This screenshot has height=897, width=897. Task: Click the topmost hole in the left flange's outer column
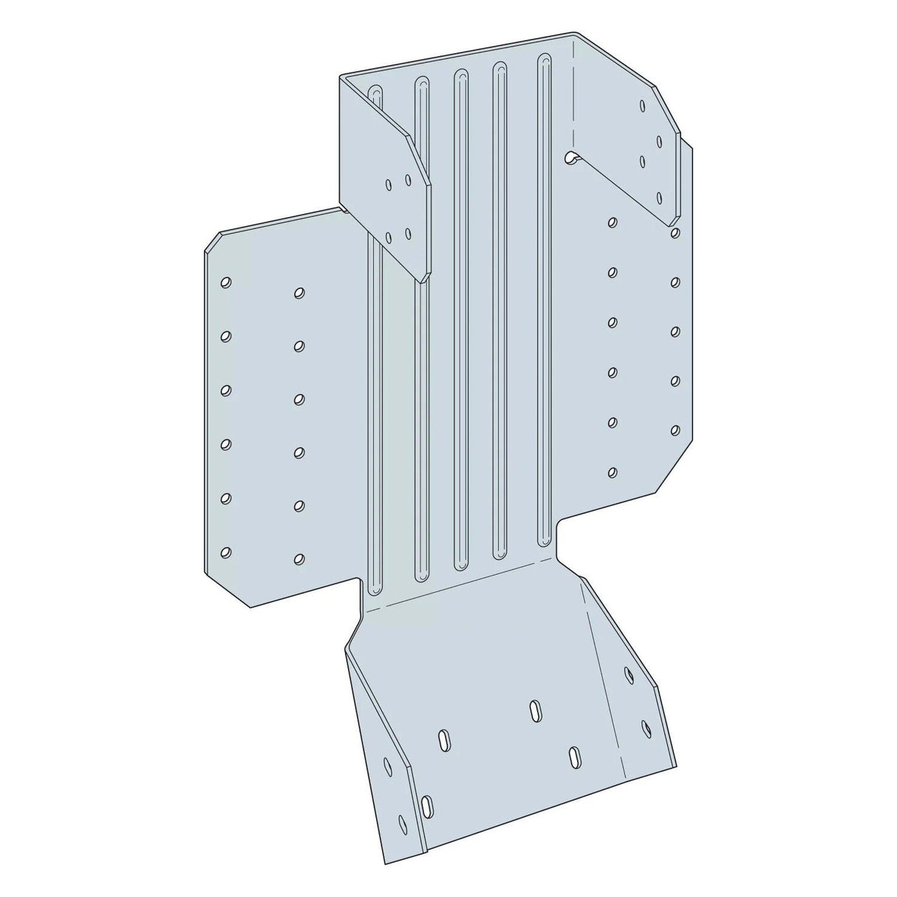tap(225, 282)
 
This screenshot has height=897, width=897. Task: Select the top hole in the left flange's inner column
tap(299, 293)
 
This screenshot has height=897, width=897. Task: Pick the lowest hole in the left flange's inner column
tap(299, 559)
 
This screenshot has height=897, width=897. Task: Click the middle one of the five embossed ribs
tap(461, 318)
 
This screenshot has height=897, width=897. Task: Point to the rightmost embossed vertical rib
tap(545, 296)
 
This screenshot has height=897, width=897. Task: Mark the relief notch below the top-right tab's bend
tap(570, 157)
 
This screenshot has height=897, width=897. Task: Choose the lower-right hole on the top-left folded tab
tap(408, 233)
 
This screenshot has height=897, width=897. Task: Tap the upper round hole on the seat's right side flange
tap(629, 672)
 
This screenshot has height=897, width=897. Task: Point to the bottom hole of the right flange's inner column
tap(613, 471)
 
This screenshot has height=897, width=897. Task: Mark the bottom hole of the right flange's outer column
tap(675, 429)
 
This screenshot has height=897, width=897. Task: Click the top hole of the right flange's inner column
tap(613, 221)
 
